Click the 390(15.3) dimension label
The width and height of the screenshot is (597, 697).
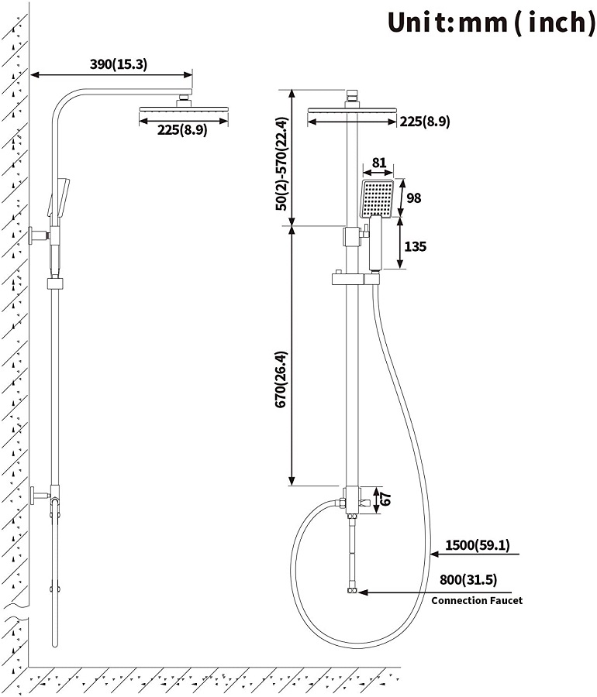[118, 64]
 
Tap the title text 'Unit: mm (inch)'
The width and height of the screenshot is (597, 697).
[491, 22]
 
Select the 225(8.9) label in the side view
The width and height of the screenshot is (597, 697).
[182, 130]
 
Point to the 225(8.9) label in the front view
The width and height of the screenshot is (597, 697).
[424, 121]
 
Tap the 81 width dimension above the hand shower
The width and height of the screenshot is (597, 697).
[379, 163]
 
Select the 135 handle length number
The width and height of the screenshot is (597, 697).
[416, 247]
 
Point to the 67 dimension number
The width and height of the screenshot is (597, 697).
[387, 499]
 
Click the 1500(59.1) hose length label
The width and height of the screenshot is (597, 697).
[477, 546]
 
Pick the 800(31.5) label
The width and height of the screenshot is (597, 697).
[468, 579]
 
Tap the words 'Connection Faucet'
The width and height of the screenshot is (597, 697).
[477, 600]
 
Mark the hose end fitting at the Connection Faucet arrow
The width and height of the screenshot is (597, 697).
[353, 592]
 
